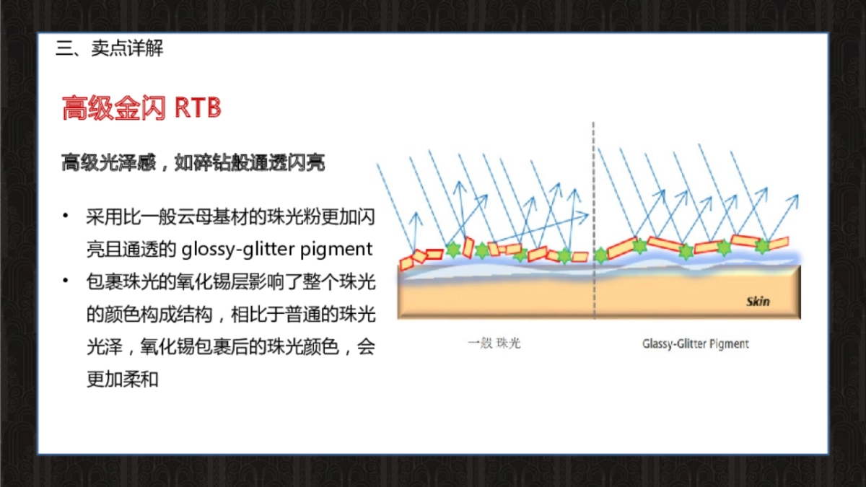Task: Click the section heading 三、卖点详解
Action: (x=109, y=48)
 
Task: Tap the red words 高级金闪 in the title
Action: (x=114, y=108)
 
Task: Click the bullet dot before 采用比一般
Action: (x=66, y=216)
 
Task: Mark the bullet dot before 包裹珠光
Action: (x=66, y=281)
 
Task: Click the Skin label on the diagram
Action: (x=757, y=302)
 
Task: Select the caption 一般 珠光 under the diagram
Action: (x=494, y=343)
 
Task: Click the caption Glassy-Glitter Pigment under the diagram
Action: (x=695, y=343)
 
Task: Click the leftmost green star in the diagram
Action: (x=453, y=250)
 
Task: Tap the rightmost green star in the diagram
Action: (x=762, y=245)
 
